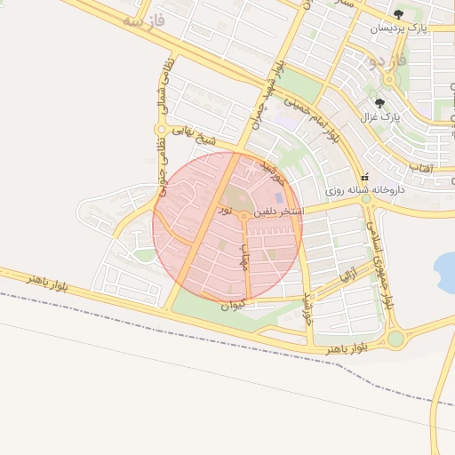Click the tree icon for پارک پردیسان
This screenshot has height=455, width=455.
coord(397,14)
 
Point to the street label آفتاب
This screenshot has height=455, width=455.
coord(420,167)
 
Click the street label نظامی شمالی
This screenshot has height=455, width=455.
coord(162,90)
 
